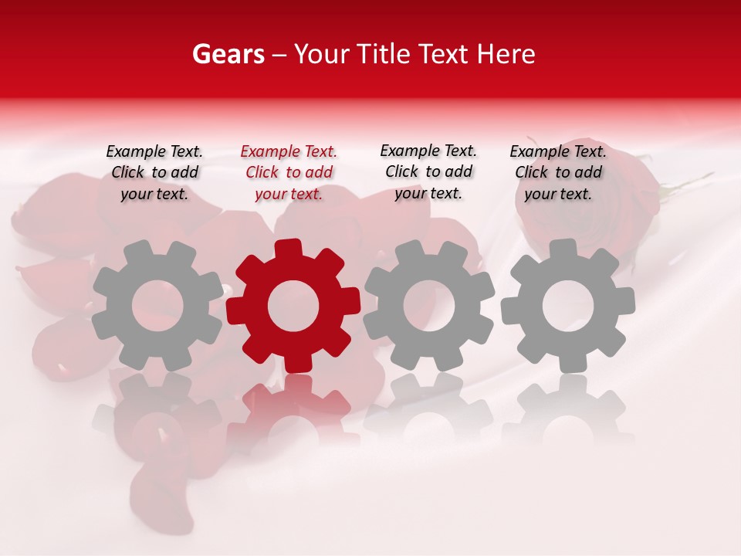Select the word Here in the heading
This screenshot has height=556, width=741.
pyautogui.click(x=506, y=54)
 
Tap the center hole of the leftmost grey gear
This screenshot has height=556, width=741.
pyautogui.click(x=157, y=307)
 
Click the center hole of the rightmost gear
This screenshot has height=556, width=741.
pyautogui.click(x=568, y=307)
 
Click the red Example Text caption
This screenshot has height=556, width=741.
pyautogui.click(x=289, y=172)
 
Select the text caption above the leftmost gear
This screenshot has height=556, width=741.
pyautogui.click(x=154, y=172)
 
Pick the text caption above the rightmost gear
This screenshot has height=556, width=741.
pyautogui.click(x=558, y=172)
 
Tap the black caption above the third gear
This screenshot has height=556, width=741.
pyautogui.click(x=428, y=171)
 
